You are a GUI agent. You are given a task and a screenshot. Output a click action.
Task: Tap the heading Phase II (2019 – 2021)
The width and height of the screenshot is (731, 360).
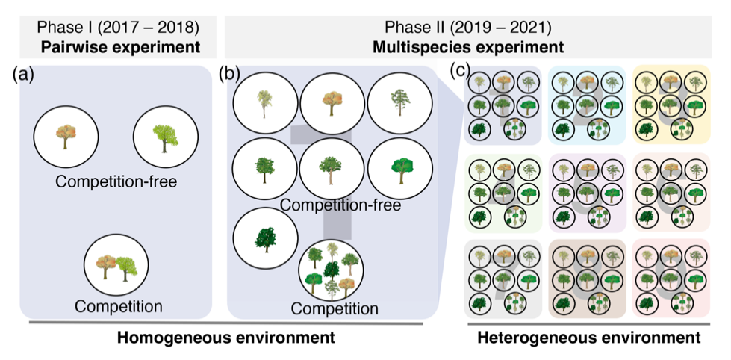click(467, 28)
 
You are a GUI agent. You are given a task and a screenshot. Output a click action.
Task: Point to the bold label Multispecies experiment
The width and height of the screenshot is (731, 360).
click(467, 47)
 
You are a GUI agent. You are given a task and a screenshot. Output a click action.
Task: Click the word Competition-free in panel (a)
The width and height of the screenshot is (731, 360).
click(116, 181)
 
